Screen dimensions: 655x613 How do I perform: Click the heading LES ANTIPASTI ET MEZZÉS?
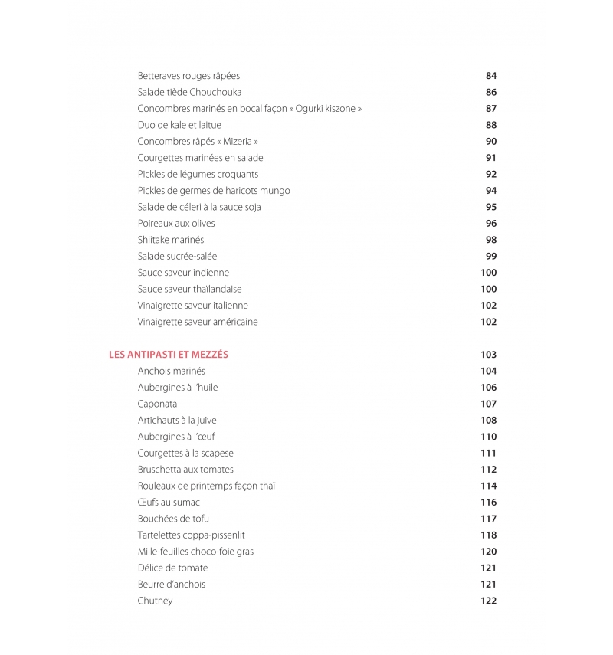click(x=169, y=355)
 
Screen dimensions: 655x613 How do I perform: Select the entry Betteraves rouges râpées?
click(x=188, y=76)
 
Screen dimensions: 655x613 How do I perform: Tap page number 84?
click(x=491, y=76)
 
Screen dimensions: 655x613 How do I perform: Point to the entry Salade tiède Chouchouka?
click(x=189, y=93)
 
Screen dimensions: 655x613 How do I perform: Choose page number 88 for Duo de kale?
click(x=491, y=125)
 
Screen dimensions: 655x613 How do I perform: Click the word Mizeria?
click(x=240, y=142)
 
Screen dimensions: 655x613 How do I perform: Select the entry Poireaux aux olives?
click(x=176, y=224)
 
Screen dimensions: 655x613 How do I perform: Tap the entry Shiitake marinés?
click(x=171, y=240)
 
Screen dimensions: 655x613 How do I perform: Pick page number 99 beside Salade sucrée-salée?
click(x=491, y=256)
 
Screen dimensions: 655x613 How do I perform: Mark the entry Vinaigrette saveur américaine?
click(x=198, y=322)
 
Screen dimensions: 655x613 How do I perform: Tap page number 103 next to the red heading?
click(x=488, y=355)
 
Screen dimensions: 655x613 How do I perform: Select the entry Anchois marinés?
click(x=172, y=371)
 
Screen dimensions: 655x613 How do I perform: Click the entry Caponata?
click(x=157, y=404)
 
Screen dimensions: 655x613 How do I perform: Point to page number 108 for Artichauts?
click(x=488, y=420)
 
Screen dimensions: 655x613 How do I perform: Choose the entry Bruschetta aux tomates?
click(x=185, y=470)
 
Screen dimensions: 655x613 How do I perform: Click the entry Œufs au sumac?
click(x=169, y=503)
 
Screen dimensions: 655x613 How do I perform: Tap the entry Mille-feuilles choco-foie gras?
click(x=195, y=552)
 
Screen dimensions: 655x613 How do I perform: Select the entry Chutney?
click(x=155, y=601)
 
